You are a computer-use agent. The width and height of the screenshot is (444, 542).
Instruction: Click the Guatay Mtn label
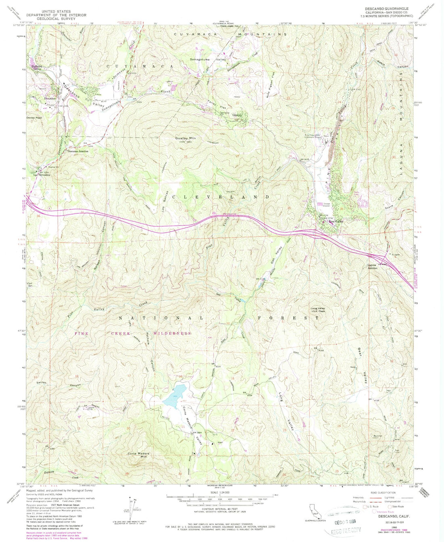185,138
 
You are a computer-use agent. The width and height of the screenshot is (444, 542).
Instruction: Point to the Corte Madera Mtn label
139,454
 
